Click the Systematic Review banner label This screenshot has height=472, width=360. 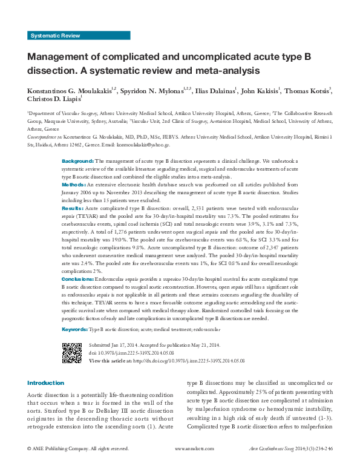(x=54, y=36)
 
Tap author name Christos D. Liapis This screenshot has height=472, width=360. (x=53, y=100)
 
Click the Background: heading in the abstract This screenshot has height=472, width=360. (x=78, y=162)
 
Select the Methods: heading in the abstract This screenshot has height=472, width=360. (x=74, y=183)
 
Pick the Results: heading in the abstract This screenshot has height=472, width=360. (x=73, y=208)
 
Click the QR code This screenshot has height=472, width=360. (x=72, y=352)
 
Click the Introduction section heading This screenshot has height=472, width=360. (x=45, y=383)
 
